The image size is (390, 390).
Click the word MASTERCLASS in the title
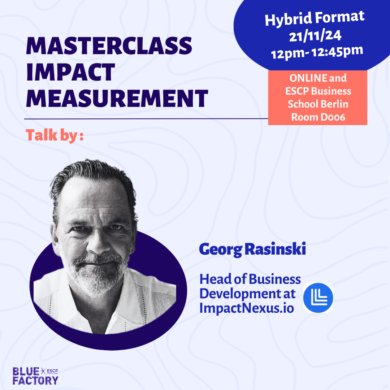pyautogui.click(x=109, y=46)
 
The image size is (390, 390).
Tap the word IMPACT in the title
pyautogui.click(x=71, y=72)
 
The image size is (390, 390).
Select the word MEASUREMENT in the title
pyautogui.click(x=117, y=98)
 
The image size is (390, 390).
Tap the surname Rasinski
pyautogui.click(x=275, y=249)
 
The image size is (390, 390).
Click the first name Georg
pyautogui.click(x=221, y=250)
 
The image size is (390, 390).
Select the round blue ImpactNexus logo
pyautogui.click(x=318, y=298)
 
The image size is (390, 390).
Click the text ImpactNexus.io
pyautogui.click(x=247, y=308)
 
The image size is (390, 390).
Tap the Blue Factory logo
pyautogui.click(x=35, y=376)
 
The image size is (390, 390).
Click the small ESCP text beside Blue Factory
pyautogui.click(x=52, y=371)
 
